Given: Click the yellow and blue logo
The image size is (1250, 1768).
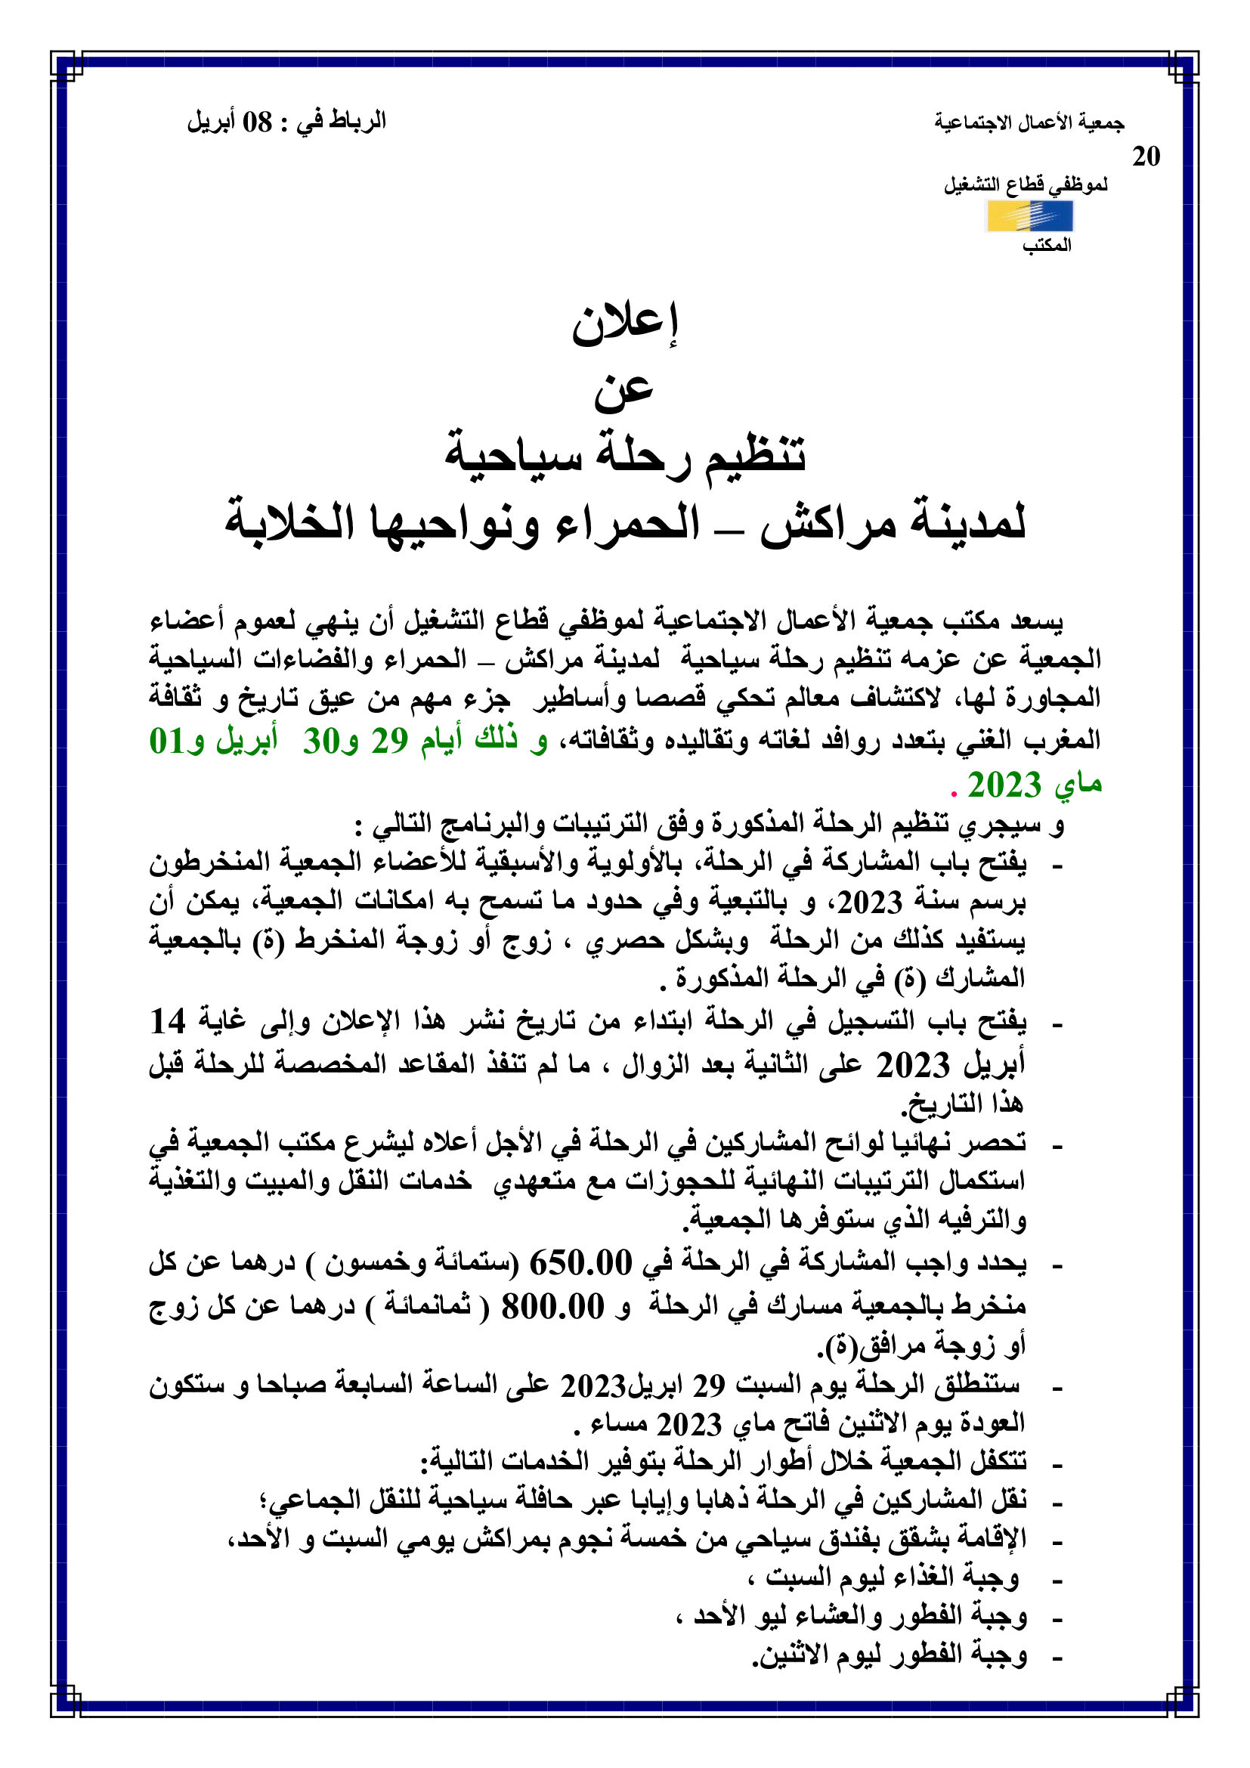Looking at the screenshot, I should (x=1029, y=216).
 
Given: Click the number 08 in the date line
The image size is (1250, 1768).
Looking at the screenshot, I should (x=257, y=122).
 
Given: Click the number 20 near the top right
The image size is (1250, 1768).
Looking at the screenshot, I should (x=1145, y=157).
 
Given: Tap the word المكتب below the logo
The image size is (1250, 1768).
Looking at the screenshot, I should (x=1046, y=246).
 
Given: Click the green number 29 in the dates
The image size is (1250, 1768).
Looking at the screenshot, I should (x=389, y=742).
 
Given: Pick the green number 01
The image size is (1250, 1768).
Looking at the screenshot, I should (x=166, y=742).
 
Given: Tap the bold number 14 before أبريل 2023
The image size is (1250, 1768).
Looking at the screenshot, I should (x=168, y=1023).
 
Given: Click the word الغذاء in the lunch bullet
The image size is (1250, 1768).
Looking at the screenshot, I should (x=900, y=1577).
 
